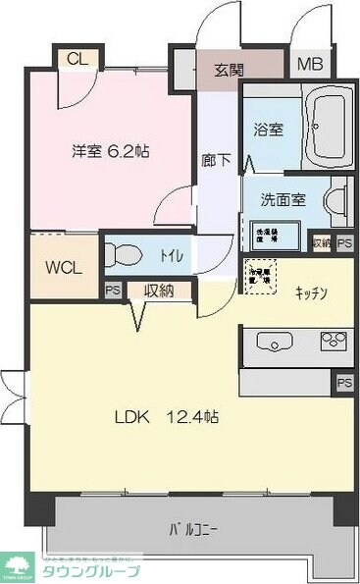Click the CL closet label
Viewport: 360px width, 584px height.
(x=77, y=58)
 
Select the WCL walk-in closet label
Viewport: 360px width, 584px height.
(x=64, y=267)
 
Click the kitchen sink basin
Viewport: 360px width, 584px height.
(x=275, y=342)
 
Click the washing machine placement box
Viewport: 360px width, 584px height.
(x=266, y=234)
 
